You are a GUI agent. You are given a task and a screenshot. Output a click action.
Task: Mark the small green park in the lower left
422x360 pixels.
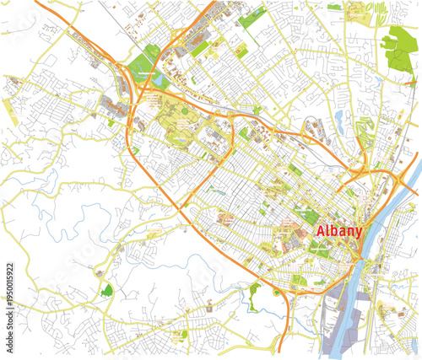[x=106, y=292]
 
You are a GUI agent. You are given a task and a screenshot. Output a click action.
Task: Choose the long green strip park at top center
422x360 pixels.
[x=252, y=17]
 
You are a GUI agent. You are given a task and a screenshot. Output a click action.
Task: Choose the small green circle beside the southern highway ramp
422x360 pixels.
[x=277, y=293]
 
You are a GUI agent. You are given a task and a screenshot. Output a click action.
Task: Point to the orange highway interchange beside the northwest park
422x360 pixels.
[x=127, y=80]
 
